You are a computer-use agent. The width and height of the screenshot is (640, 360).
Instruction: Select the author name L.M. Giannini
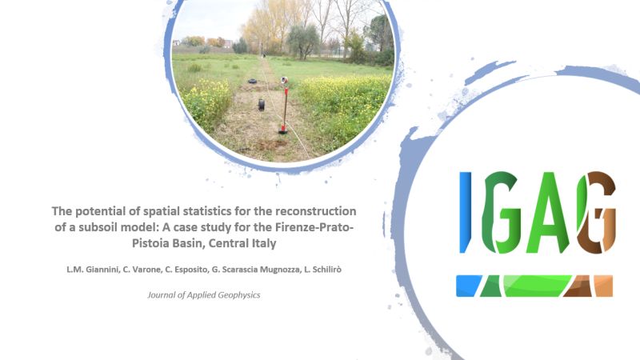(x=93, y=270)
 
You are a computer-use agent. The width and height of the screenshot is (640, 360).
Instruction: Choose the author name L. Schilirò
(x=322, y=270)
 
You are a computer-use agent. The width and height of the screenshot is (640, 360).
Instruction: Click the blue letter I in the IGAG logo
(x=465, y=212)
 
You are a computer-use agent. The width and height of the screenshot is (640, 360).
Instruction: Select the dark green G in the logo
(x=502, y=212)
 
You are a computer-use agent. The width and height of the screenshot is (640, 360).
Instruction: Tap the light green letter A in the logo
(x=548, y=212)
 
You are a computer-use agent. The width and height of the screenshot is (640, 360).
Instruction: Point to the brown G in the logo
(x=596, y=212)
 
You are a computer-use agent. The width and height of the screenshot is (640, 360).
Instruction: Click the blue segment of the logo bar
(x=469, y=286)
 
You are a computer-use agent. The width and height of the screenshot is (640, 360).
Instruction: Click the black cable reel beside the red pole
(x=262, y=105)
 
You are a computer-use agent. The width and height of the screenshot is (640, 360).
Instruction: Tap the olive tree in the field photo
(x=303, y=41)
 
